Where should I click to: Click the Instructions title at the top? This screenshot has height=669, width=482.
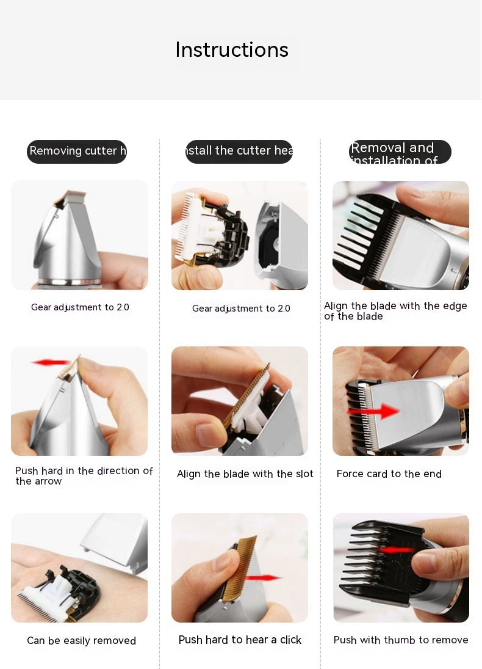click(232, 49)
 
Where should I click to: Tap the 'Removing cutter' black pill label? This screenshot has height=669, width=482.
click(77, 151)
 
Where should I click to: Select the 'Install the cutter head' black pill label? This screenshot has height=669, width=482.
click(239, 151)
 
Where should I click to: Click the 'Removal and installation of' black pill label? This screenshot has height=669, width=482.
click(400, 152)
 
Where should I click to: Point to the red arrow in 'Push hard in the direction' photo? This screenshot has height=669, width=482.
click(51, 362)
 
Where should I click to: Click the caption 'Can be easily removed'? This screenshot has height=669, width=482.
click(81, 640)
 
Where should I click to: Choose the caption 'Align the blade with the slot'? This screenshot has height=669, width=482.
click(245, 473)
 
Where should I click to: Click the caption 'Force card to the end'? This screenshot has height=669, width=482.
click(389, 473)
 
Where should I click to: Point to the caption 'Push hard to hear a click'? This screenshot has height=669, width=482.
click(240, 640)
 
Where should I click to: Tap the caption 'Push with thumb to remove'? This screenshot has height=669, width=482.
click(401, 640)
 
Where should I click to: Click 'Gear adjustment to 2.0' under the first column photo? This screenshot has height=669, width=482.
click(80, 307)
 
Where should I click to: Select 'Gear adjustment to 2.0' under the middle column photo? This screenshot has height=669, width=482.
click(241, 308)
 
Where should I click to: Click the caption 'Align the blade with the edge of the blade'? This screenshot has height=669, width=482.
click(395, 310)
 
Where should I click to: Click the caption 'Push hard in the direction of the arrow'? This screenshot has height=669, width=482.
click(84, 475)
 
